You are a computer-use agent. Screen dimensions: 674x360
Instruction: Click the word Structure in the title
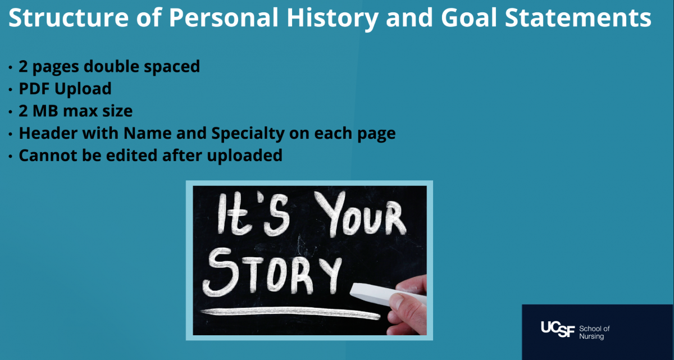[x=69, y=17]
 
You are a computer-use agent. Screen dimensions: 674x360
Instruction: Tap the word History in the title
[x=333, y=19]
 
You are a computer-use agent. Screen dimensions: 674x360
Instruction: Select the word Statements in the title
[x=578, y=17]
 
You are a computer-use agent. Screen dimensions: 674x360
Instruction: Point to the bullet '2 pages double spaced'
[x=109, y=67]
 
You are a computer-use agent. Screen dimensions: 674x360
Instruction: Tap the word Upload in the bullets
[x=83, y=89]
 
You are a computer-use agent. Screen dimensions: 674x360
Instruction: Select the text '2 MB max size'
[x=75, y=111]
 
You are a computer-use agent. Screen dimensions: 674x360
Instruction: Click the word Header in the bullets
[x=48, y=133]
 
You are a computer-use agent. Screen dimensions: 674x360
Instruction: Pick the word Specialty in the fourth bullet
[x=248, y=134]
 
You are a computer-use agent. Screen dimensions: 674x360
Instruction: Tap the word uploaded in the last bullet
[x=245, y=156]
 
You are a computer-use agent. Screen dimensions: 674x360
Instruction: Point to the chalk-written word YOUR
[x=361, y=214]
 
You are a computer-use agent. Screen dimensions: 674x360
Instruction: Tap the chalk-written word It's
[x=254, y=214]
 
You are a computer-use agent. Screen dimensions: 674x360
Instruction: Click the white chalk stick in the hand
[x=388, y=294]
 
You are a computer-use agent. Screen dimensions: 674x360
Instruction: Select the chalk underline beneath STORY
[x=290, y=313]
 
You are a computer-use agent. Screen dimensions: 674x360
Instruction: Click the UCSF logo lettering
[x=558, y=329]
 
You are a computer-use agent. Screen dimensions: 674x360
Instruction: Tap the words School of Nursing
[x=594, y=332]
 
